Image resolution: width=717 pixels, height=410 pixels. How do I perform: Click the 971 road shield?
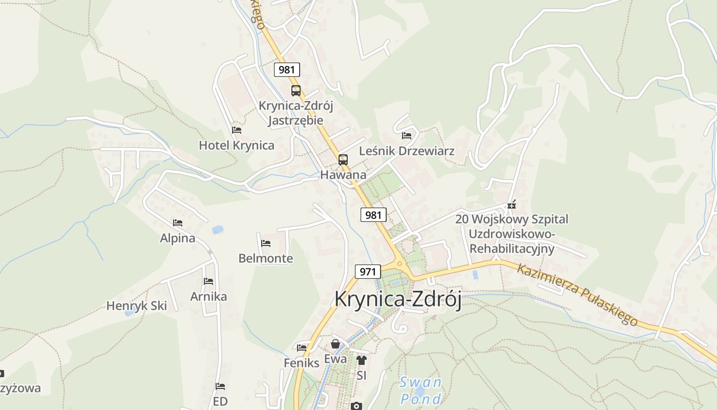tap(367, 272)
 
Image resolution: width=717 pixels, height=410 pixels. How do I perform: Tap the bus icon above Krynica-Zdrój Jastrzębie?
tap(296, 91)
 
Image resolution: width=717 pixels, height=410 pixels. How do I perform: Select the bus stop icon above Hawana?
tap(343, 159)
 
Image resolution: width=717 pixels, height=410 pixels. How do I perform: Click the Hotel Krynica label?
tap(237, 145)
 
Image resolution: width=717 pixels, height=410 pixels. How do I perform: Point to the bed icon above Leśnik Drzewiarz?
tap(407, 136)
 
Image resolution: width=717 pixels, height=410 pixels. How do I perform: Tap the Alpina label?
tap(178, 238)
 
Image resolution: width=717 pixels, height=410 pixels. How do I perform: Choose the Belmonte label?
tap(266, 258)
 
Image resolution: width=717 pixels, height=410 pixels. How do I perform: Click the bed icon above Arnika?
tap(208, 281)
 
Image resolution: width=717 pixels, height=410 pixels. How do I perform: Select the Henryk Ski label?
tap(137, 306)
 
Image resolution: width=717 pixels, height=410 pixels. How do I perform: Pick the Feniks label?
tap(302, 363)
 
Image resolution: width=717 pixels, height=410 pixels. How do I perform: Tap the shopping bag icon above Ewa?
tap(335, 344)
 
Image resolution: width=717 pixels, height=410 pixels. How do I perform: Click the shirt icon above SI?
tap(362, 360)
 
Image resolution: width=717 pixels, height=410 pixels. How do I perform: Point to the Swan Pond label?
tap(420, 391)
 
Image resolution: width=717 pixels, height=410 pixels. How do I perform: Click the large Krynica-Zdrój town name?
tap(398, 299)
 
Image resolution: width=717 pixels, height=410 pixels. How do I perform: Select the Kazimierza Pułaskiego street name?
tap(577, 294)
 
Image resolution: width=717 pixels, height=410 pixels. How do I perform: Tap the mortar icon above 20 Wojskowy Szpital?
tap(511, 204)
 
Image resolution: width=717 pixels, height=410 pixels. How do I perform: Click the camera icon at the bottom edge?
tap(356, 406)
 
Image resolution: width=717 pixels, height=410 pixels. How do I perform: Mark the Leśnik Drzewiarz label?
tap(407, 151)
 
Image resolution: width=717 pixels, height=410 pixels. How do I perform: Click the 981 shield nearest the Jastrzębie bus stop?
tap(287, 70)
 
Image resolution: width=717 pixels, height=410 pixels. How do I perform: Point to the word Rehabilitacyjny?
tap(512, 249)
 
